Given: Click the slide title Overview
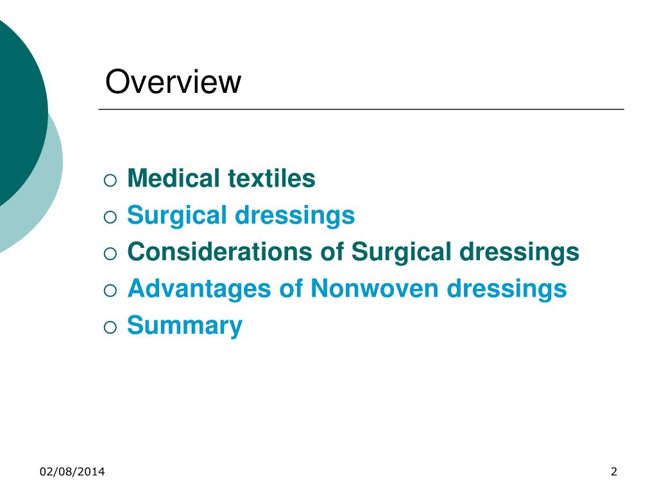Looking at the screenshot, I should [x=173, y=83].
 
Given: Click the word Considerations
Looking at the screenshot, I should [x=219, y=252].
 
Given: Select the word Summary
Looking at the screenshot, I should [x=185, y=325].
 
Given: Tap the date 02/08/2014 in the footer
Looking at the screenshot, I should [x=73, y=473].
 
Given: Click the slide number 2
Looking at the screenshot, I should [x=614, y=473].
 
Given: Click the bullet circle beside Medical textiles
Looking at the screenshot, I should [x=110, y=180].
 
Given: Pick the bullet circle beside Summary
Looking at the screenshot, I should [x=110, y=327].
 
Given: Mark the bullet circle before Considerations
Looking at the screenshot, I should [x=110, y=254].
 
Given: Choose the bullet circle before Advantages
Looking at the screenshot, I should [x=110, y=290].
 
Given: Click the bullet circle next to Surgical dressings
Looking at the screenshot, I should [x=110, y=217].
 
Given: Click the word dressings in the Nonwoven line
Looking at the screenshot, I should [x=507, y=288].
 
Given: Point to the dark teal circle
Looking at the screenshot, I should [x=16, y=109].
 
